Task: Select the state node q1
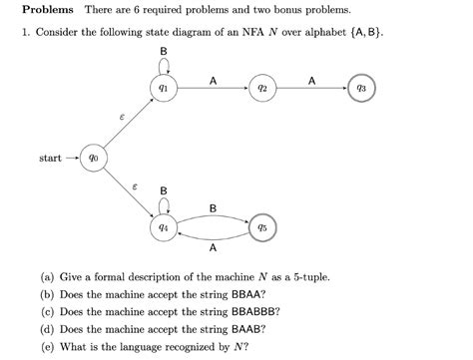(x=163, y=90)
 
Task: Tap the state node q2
(x=262, y=90)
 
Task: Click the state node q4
(x=163, y=226)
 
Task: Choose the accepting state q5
(x=262, y=226)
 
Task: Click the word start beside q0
(x=50, y=158)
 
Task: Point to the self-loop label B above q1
(x=163, y=51)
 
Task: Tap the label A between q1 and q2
(x=213, y=80)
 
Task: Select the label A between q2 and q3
(x=312, y=80)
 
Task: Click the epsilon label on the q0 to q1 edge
(x=122, y=118)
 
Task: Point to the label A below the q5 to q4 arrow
(x=213, y=249)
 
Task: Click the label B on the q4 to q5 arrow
(x=213, y=207)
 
